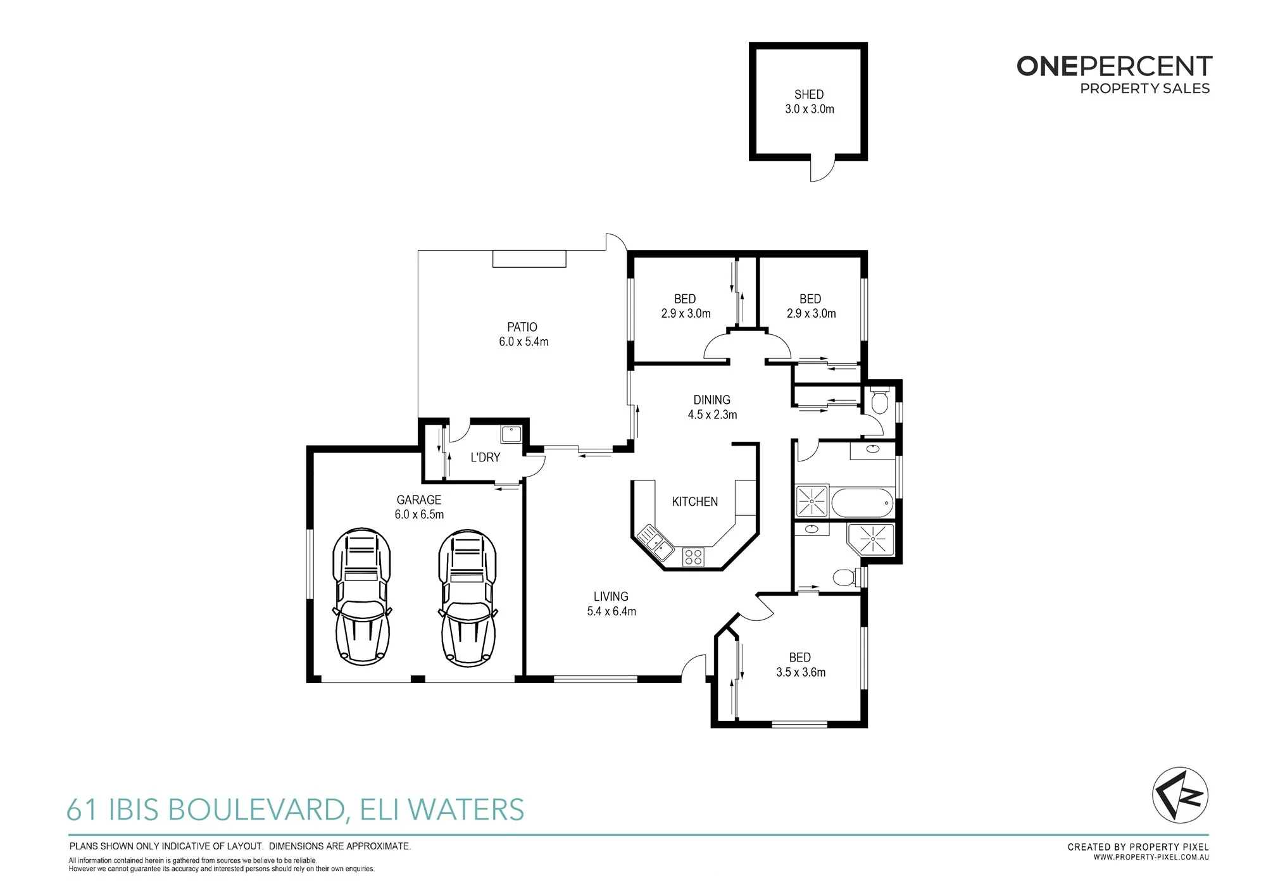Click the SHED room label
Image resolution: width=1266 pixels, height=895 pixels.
809,94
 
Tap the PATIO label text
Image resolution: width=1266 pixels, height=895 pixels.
522,327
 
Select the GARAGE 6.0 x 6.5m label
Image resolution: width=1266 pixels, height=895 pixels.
419,507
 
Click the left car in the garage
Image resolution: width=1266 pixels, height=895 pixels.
361,597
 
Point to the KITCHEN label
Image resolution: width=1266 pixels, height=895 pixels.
695,501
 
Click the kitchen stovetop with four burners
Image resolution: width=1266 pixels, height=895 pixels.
693,557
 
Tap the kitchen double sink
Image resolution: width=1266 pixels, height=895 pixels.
655,543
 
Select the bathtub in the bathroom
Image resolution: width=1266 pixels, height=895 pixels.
862,503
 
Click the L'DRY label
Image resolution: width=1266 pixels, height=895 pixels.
486,457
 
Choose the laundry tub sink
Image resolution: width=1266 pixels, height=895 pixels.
511,434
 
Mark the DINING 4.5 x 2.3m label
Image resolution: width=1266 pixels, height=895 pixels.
712,407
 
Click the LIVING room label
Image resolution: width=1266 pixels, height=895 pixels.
611,596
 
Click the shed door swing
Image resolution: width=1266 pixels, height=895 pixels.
822,170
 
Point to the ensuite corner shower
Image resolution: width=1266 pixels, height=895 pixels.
871,540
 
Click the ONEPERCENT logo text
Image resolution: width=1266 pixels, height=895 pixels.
1114,66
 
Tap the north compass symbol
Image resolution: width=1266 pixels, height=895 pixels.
1180,795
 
